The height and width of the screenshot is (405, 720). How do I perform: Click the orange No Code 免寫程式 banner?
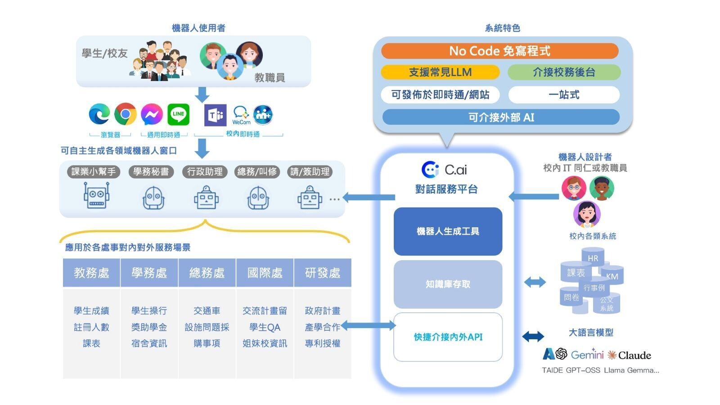pyautogui.click(x=499, y=51)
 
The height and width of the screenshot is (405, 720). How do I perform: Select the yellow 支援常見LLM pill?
pyautogui.click(x=440, y=72)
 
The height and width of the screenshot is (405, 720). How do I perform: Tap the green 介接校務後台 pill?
pyautogui.click(x=564, y=72)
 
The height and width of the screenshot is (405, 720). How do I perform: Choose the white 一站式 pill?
pyautogui.click(x=564, y=94)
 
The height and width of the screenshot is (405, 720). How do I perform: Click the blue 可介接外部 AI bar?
pyautogui.click(x=501, y=117)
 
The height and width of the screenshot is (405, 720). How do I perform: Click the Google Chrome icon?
pyautogui.click(x=126, y=114)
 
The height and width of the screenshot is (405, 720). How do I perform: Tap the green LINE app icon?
pyautogui.click(x=178, y=114)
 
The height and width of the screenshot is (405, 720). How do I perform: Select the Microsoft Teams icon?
pyautogui.click(x=215, y=115)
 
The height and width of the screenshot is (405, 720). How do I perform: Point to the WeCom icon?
pyautogui.click(x=241, y=115)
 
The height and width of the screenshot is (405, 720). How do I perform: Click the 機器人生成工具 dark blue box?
pyautogui.click(x=448, y=231)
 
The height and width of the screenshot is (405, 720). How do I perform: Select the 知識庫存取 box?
pyautogui.click(x=448, y=284)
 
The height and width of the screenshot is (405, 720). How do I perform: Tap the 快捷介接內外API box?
pyautogui.click(x=448, y=337)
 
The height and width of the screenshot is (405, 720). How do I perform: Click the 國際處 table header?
pyautogui.click(x=265, y=273)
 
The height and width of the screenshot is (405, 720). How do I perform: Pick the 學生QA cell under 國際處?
pyautogui.click(x=265, y=327)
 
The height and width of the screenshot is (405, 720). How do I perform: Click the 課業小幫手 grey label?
pyautogui.click(x=94, y=171)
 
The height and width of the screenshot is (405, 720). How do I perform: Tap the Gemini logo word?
pyautogui.click(x=587, y=355)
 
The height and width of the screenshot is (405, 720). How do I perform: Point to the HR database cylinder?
pyautogui.click(x=593, y=258)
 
